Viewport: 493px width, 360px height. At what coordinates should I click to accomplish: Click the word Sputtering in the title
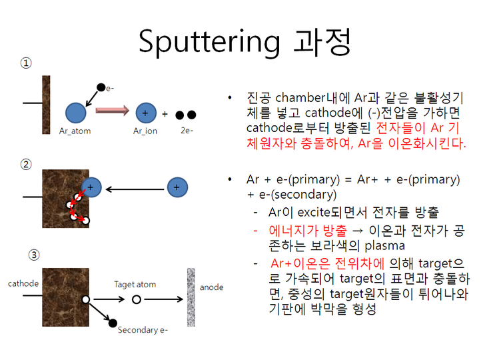(210, 41)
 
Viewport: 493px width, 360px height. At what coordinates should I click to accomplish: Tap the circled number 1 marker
(25, 63)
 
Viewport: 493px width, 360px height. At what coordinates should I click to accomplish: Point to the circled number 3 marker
(34, 255)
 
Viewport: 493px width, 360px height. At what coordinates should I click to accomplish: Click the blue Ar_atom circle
(75, 113)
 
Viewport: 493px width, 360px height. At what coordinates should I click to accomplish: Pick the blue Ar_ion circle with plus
(145, 113)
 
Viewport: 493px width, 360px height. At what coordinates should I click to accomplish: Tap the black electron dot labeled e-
(101, 87)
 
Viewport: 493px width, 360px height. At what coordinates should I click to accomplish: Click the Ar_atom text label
(75, 131)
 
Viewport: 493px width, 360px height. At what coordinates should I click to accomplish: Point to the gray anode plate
(191, 296)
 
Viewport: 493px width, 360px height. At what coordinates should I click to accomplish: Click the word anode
(212, 287)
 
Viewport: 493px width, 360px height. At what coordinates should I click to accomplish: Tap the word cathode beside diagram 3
(23, 283)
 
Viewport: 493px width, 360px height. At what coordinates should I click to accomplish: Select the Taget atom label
(135, 284)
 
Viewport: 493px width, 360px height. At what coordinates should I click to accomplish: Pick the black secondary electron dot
(112, 323)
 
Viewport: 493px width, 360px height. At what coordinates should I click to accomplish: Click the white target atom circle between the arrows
(136, 300)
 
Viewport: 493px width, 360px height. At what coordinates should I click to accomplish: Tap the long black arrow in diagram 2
(136, 189)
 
